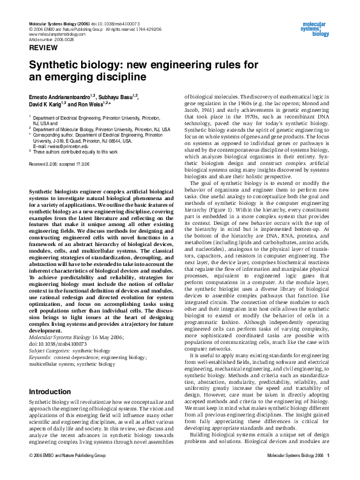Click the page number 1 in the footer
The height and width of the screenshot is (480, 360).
point(328,472)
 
